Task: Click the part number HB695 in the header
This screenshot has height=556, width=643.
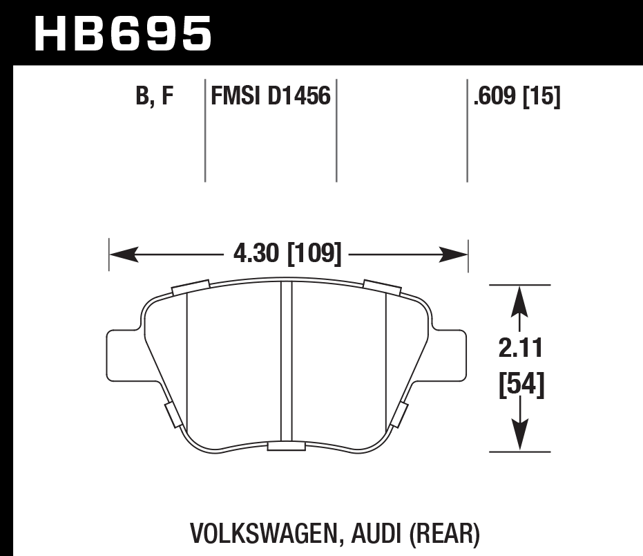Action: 123,33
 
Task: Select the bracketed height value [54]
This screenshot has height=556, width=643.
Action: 521,384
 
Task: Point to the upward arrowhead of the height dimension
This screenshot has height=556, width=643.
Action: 520,298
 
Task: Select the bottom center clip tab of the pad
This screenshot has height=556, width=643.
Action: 286,446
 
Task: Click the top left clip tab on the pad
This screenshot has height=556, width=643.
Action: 190,286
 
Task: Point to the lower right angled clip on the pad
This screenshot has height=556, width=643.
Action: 399,414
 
